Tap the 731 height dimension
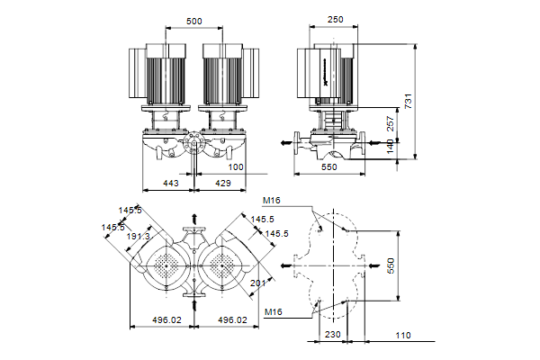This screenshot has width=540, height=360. tap(409, 102)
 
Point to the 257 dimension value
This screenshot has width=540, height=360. tap(390, 122)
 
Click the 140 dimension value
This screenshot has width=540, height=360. tap(390, 146)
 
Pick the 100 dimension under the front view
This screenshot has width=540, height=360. tap(235, 167)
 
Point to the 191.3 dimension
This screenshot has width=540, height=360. tap(138, 236)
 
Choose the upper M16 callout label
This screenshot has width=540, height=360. tap(271, 201)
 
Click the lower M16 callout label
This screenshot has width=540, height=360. tap(275, 312)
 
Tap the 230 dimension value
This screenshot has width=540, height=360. tap(332, 335)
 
